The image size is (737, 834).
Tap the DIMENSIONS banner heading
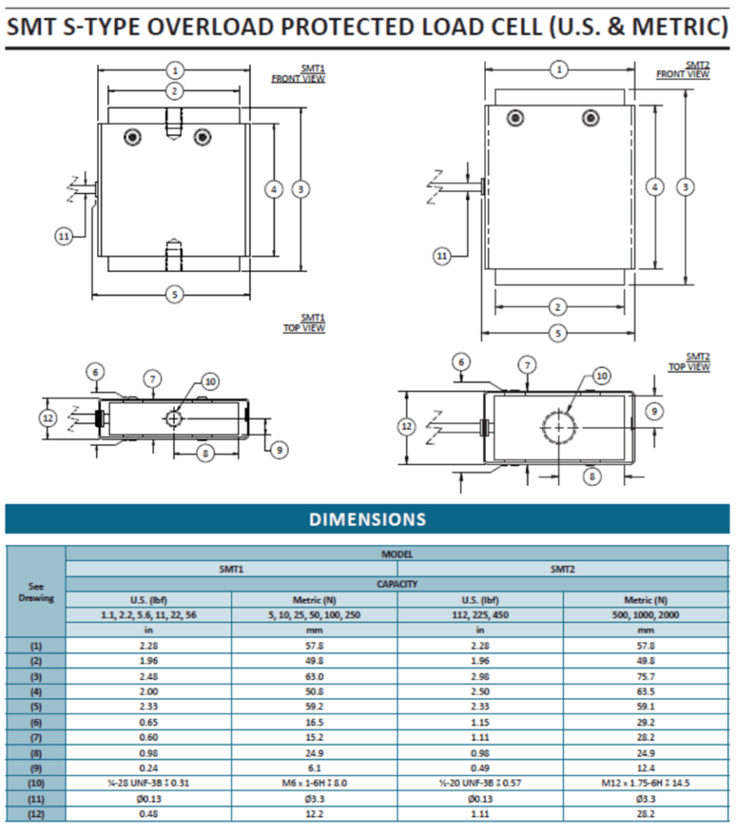click(367, 520)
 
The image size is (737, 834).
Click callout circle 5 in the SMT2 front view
click(558, 333)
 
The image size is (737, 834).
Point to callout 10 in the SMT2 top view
click(601, 375)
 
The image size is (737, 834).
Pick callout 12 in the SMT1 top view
click(49, 418)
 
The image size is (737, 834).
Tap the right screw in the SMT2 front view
click(590, 118)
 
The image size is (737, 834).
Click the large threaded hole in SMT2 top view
click(559, 427)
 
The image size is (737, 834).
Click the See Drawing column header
click(36, 592)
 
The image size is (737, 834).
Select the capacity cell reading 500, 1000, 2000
click(645, 616)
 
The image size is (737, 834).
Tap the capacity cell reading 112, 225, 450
click(479, 616)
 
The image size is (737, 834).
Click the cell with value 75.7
click(645, 676)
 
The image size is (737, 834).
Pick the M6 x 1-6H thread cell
click(314, 783)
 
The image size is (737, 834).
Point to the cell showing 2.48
click(148, 676)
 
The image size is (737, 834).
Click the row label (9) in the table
click(36, 767)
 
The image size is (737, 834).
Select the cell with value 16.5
click(314, 722)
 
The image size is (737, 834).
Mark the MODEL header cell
click(396, 554)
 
